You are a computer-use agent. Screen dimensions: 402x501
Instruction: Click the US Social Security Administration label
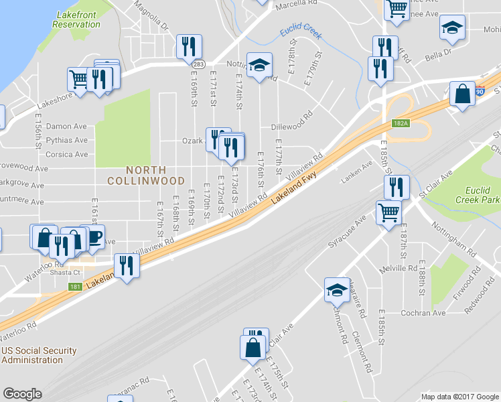click(39, 355)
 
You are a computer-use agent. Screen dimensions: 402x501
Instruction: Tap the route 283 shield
click(198, 64)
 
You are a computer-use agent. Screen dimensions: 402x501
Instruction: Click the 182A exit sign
click(401, 123)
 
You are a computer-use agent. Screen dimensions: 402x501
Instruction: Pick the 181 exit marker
click(75, 287)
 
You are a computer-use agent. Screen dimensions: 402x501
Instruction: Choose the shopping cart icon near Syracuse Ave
click(388, 212)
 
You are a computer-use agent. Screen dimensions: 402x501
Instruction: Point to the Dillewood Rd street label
click(292, 126)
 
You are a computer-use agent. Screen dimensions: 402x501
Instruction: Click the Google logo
click(22, 394)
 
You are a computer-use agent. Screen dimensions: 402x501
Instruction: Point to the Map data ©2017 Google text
click(459, 397)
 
